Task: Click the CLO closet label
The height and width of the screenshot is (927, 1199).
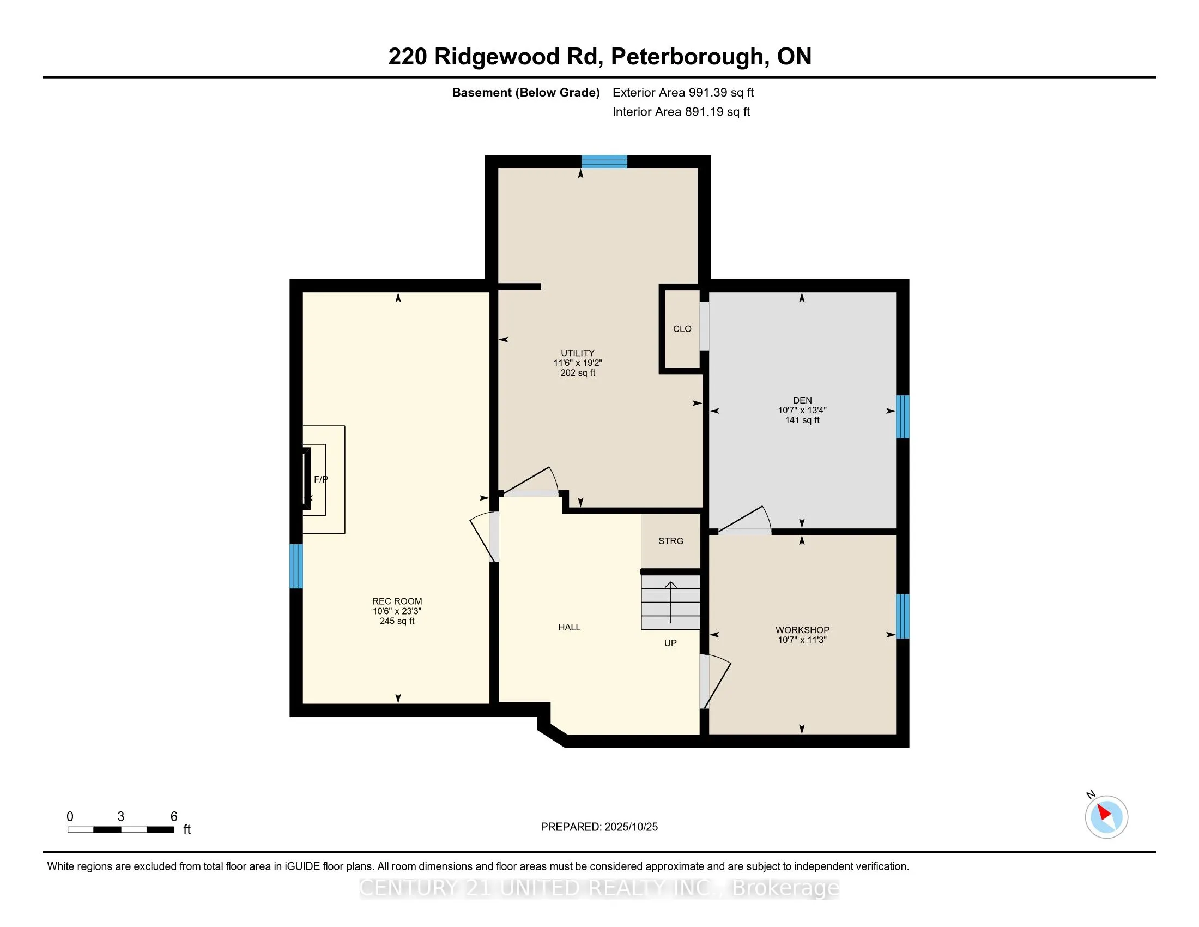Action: coord(682,329)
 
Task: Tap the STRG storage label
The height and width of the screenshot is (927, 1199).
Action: coord(671,541)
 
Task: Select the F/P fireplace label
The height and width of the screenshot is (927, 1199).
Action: coord(320,479)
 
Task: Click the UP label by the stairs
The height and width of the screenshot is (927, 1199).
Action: coord(670,643)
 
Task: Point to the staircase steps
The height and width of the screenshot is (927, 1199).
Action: coord(671,603)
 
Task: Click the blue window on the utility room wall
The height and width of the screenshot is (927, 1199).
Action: coord(604,161)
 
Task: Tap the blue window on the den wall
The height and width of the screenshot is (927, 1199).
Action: coord(903,417)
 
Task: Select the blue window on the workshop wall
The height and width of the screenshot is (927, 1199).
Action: coord(903,616)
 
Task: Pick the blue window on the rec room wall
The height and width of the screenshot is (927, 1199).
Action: coord(296,566)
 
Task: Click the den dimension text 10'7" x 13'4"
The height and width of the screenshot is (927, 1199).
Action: coord(802,410)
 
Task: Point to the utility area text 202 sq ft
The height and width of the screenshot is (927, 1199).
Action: coord(578,373)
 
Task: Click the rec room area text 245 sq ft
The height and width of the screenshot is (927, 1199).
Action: coord(397,621)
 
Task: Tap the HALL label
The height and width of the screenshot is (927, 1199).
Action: coord(570,627)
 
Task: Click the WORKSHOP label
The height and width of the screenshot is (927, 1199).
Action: coord(802,630)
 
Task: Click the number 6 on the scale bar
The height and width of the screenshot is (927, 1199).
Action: coord(174,817)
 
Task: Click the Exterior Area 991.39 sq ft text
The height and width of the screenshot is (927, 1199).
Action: coord(683,93)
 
